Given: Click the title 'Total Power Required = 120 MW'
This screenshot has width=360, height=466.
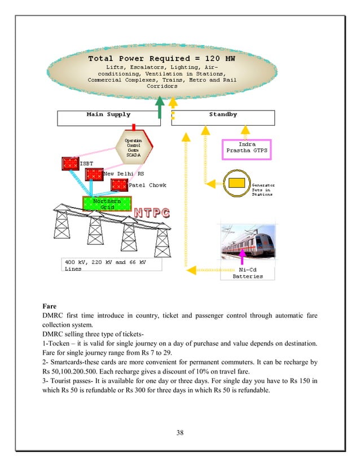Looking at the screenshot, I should pos(161,59).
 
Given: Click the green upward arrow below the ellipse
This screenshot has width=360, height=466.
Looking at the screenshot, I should pos(160,107).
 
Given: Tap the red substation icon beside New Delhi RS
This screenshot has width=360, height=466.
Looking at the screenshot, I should pos(94,174).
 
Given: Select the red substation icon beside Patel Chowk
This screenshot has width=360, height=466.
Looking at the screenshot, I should pos(119,185).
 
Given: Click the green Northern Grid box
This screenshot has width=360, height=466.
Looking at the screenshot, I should pos(107,204).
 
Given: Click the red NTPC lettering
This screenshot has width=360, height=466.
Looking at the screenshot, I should pos(152,213).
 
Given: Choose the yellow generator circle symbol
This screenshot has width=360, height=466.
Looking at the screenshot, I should pos(236,183).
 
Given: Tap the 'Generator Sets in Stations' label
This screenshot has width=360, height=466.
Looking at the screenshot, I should pos(263,190).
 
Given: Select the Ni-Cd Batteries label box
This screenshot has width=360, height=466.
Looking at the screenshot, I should pos(248,273).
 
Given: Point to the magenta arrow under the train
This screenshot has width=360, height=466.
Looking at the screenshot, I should pos(243,261).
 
